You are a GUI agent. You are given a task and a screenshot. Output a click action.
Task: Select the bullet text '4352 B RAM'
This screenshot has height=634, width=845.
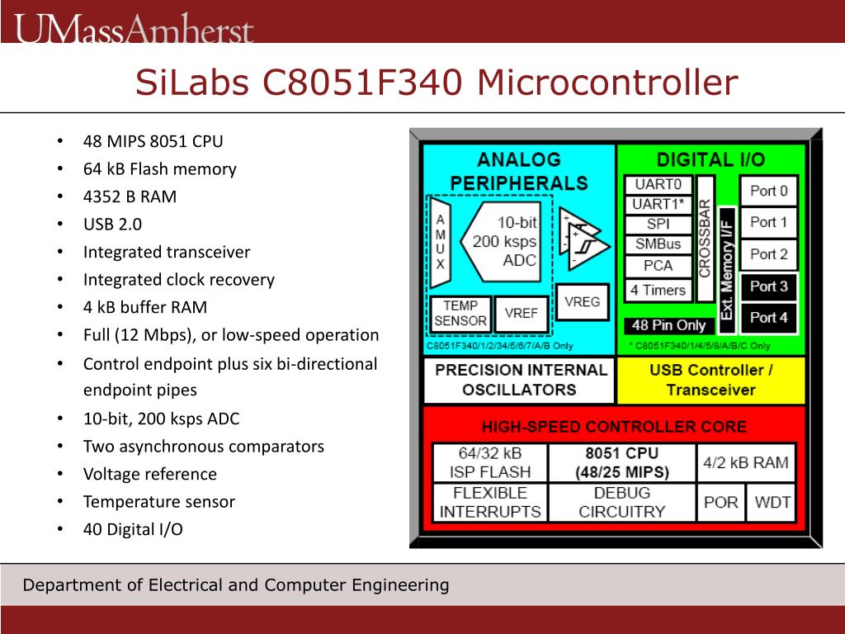point(130,196)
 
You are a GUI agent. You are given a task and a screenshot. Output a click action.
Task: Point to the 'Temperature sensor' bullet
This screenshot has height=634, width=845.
point(158,501)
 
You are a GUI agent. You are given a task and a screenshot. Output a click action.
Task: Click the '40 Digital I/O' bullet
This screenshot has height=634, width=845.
point(133,529)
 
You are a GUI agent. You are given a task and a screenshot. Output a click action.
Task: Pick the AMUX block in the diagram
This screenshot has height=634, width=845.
point(441,242)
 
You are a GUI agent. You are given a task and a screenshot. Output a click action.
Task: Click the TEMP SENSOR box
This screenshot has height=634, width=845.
point(460,314)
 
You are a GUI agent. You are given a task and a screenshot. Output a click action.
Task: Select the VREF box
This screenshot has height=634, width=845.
point(522,314)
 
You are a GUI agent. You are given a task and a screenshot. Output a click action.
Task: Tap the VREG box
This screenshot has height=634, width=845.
point(582,302)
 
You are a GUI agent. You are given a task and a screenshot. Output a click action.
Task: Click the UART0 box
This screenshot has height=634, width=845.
point(658,185)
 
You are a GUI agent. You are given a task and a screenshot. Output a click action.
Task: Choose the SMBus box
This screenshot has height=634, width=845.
point(658,244)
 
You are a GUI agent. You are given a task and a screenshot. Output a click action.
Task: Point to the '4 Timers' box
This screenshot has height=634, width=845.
point(658,290)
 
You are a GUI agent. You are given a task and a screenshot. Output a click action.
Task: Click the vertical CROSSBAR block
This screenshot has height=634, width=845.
point(705,238)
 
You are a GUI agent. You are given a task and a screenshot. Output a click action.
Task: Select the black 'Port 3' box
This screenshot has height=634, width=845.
point(768,286)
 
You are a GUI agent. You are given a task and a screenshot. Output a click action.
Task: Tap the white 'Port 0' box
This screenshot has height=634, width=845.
point(768,192)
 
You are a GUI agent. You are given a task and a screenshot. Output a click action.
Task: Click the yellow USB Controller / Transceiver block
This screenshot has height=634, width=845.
point(710,380)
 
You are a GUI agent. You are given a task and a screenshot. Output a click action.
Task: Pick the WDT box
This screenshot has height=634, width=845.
point(772,502)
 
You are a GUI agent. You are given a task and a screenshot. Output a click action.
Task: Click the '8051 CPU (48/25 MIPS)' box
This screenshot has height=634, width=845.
point(621,463)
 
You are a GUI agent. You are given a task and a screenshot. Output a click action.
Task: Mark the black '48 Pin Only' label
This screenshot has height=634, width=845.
point(668,325)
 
